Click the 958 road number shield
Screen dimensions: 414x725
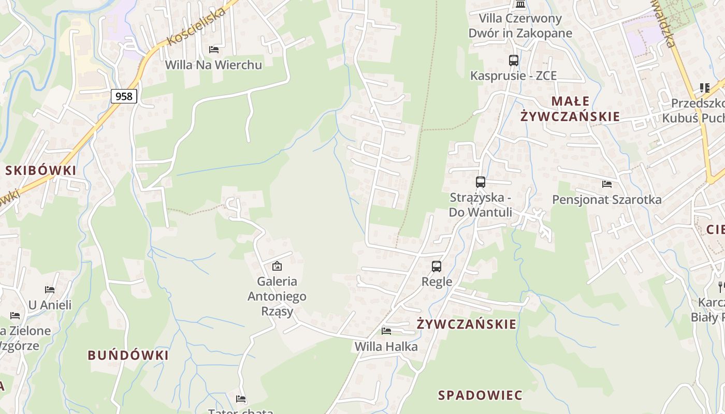coord(124,96)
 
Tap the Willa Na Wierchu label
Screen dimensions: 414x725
coord(213,65)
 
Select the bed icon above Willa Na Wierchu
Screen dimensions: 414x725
coord(213,50)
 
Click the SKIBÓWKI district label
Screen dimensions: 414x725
coord(41,170)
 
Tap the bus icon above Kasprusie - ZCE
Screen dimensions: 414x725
coord(513,61)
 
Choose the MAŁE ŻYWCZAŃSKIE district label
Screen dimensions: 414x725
coord(570,108)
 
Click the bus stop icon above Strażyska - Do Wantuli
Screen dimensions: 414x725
coord(480,182)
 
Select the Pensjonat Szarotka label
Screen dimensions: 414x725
coord(606,199)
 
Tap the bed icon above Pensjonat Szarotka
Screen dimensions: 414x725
coord(606,184)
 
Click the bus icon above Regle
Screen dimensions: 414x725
coord(437,267)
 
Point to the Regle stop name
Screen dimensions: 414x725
coord(437,282)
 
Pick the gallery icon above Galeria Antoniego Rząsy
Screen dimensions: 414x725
coord(277,267)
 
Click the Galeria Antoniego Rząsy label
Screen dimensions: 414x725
coord(277,296)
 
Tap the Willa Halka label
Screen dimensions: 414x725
coord(386,346)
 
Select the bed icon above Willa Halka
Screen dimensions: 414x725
coord(386,331)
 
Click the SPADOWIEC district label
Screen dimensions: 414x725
coord(480,395)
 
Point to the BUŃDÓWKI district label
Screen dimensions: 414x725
coord(128,355)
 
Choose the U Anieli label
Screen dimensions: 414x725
coord(50,305)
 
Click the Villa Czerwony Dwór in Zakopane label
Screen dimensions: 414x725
coord(520,26)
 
